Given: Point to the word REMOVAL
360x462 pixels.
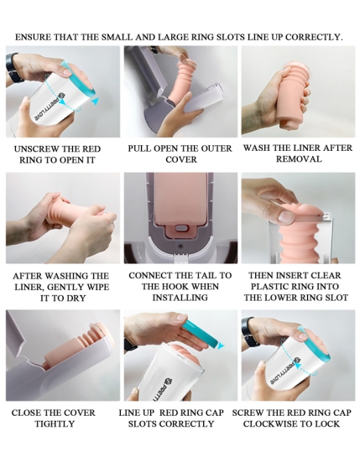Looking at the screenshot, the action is point(299,159).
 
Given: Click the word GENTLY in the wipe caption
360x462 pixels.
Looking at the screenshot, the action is point(65,287).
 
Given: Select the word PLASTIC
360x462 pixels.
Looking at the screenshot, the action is point(269,287).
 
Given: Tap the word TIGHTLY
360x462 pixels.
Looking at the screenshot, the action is point(55,424).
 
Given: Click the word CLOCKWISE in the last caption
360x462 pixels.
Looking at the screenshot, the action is point(269,424).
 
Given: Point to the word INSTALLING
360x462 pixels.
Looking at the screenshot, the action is point(180,298).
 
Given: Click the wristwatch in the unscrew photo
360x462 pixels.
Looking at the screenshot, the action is point(13,68).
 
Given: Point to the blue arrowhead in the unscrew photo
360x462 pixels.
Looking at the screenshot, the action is point(95,101).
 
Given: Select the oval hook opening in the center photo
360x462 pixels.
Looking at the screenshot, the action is point(181,228).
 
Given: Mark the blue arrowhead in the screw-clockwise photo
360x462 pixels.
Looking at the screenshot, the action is point(300,366).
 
